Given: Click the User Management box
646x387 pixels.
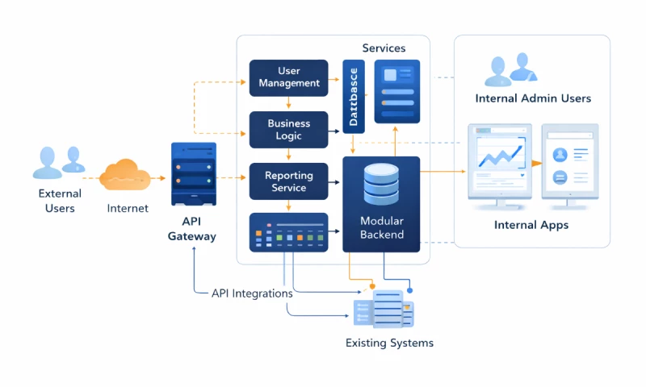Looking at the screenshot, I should click(289, 77).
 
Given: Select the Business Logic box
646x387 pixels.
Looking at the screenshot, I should click(289, 130).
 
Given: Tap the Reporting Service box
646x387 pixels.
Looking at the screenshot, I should click(289, 181).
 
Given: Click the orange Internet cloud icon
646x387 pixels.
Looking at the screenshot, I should click(125, 174).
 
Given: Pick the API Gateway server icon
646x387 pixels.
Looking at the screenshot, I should click(194, 173).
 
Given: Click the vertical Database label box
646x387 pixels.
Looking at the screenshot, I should click(354, 96).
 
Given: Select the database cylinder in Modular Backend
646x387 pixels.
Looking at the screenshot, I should click(381, 185).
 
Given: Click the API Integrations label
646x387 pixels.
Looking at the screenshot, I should click(252, 293).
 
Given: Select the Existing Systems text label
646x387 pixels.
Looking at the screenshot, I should click(389, 343).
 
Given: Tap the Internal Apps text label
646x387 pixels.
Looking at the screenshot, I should click(531, 225).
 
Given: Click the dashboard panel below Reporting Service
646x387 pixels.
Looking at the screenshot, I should click(289, 232).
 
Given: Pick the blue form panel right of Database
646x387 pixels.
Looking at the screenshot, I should click(396, 91).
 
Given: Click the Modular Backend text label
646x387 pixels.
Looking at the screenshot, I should click(382, 227).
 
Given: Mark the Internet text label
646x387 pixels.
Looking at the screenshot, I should click(128, 208).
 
